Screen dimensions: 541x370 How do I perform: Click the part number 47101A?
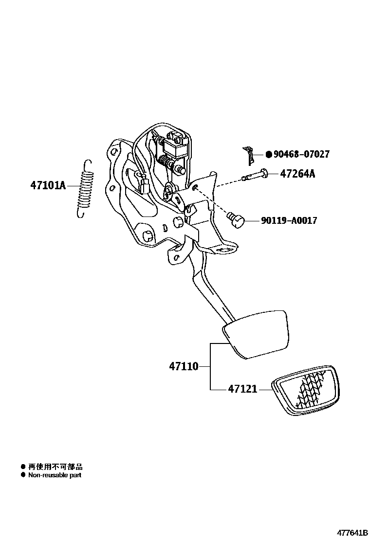pyautogui.click(x=48, y=185)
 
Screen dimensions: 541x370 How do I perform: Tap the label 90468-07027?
pyautogui.click(x=301, y=154)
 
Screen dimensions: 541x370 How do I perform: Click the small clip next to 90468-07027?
pyautogui.click(x=250, y=155)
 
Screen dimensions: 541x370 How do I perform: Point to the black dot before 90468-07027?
pyautogui.click(x=268, y=154)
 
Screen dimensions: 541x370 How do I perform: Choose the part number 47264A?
pyautogui.click(x=297, y=174)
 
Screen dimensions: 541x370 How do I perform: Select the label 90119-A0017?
pyautogui.click(x=289, y=220)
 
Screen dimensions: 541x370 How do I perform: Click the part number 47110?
pyautogui.click(x=184, y=366)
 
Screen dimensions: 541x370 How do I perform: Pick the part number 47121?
pyautogui.click(x=242, y=389)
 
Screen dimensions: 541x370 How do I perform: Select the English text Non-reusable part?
pyautogui.click(x=55, y=475)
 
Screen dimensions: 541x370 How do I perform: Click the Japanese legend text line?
pyautogui.click(x=55, y=466)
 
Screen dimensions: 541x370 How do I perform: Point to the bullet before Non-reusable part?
pyautogui.click(x=22, y=475)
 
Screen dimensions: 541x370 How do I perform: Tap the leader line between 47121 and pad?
pyautogui.click(x=265, y=389)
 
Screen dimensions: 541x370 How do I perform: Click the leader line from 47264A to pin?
pyautogui.click(x=273, y=174)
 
